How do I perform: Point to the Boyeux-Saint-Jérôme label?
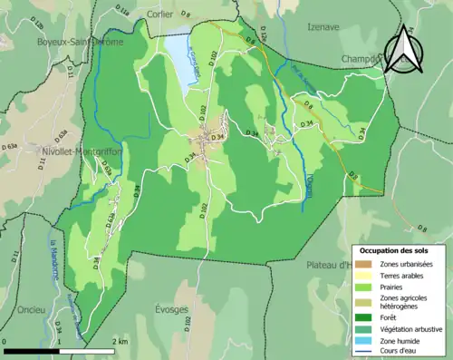point(73,41)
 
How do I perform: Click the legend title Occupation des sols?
point(394,249)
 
